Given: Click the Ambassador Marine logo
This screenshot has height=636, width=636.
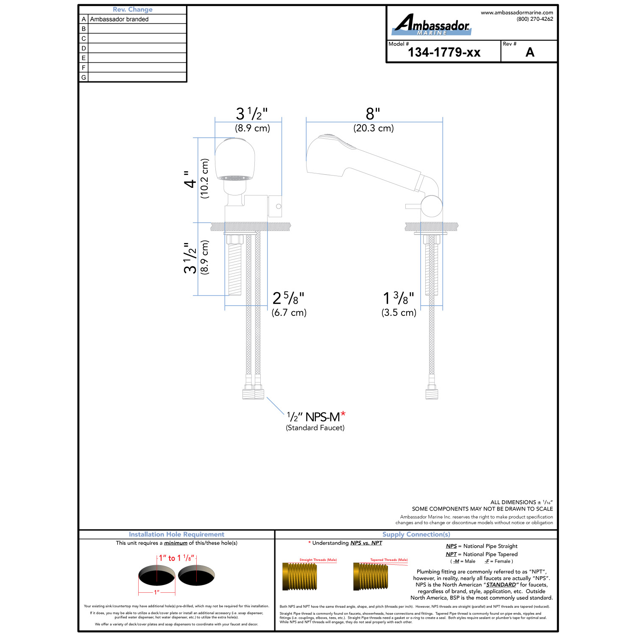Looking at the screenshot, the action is coord(432,25).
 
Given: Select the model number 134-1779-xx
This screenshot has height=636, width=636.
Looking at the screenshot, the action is coord(444,52).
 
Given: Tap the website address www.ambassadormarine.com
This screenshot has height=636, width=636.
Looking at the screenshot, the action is coord(517,13).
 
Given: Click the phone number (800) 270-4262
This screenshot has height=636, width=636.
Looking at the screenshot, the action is coord(535,19).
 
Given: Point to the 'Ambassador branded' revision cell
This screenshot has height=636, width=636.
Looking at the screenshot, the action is coord(119,19).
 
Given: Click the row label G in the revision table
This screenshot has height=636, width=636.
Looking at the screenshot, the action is coord(84,77).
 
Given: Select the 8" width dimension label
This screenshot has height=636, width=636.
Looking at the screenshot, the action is coord(373,114).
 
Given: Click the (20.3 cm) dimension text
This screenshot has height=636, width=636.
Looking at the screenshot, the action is coord(374,128).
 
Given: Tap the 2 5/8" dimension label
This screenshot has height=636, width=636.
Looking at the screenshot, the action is coord(288,298).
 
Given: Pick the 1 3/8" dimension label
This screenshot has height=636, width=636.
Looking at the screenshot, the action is coord(399,298).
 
